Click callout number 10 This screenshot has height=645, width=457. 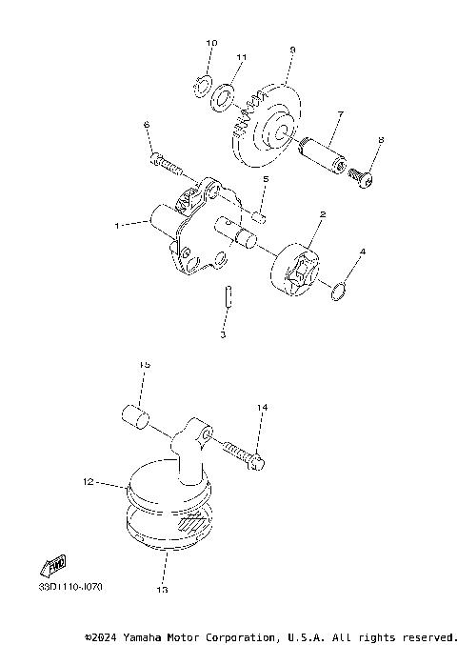[x=211, y=44]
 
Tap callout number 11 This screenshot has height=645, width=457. [x=241, y=58]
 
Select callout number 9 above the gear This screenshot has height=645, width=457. [x=292, y=50]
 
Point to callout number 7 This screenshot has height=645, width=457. [x=339, y=114]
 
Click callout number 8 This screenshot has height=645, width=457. [x=381, y=141]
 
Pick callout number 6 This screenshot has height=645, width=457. [x=147, y=125]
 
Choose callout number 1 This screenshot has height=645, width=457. [x=116, y=226]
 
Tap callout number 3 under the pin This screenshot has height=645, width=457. [x=222, y=334]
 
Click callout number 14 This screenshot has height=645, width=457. [x=262, y=408]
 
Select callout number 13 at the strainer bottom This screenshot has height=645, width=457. [x=162, y=590]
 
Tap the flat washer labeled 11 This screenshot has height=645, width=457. [x=225, y=96]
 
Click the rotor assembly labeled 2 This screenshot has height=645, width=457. [x=298, y=270]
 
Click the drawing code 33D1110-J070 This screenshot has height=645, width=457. [x=70, y=586]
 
